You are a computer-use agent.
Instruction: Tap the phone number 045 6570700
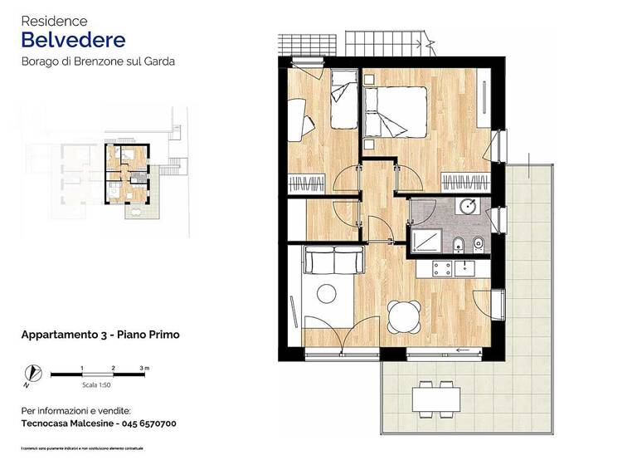point(141,423)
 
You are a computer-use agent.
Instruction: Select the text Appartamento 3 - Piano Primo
point(100,335)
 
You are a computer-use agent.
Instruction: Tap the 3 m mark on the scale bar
point(144,368)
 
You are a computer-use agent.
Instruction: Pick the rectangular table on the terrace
point(436,399)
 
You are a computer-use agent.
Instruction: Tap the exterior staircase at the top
point(388,41)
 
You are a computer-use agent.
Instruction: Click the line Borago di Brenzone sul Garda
point(98,61)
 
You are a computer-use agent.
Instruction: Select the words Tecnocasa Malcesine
point(62,423)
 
